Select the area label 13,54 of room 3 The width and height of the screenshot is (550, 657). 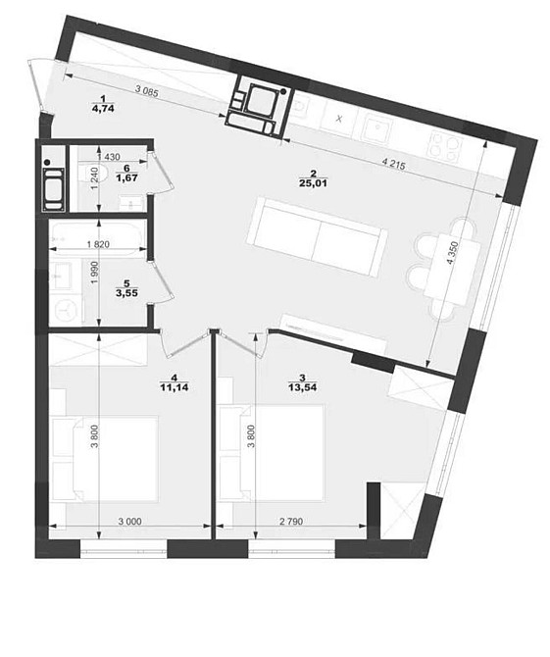coord(302,387)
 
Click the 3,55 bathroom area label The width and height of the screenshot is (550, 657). coord(126,292)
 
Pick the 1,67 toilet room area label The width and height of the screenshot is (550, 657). coord(127,177)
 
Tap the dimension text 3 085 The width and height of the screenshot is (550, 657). coord(147,91)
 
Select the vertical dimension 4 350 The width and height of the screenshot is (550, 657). coord(452,253)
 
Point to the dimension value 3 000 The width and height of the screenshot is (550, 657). coord(129,522)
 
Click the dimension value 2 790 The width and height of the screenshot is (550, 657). coord(291,522)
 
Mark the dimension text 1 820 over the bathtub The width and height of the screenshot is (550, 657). coord(99,244)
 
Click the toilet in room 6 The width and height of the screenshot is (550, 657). coord(93,174)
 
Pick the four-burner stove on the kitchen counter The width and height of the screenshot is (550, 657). coord(445,148)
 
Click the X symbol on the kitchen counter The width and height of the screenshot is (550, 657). coord(339,119)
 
